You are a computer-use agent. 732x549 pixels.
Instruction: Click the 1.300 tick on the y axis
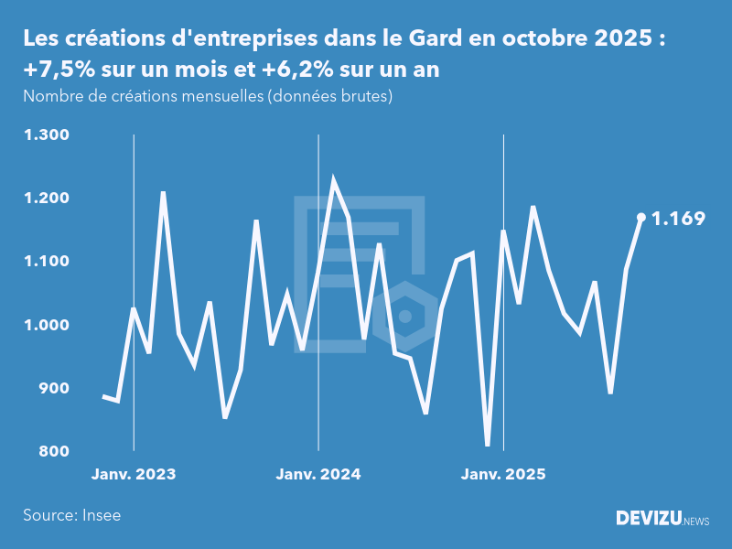tap(47, 135)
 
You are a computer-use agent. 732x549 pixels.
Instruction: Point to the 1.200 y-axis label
tap(47, 199)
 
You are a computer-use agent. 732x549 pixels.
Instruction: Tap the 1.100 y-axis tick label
tap(47, 262)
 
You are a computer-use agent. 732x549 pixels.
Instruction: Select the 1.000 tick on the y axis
tap(47, 325)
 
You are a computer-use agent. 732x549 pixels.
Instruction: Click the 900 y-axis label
tap(53, 389)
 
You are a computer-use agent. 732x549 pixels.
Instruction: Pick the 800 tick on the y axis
tap(53, 452)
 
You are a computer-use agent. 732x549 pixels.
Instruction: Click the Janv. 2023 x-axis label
tap(134, 475)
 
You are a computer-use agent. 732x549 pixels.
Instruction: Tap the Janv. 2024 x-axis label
tap(318, 475)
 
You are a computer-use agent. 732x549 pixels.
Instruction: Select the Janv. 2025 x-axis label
tap(503, 475)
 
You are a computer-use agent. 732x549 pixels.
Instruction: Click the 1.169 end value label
tap(678, 219)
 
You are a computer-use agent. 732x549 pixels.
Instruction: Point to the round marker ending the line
tap(641, 218)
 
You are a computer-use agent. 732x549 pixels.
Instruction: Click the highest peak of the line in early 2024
tap(333, 180)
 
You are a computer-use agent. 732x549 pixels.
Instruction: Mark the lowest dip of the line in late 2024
tap(488, 446)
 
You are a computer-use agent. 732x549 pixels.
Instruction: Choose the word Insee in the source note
tap(101, 515)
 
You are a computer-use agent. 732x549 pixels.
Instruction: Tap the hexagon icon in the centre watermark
tap(404, 317)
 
